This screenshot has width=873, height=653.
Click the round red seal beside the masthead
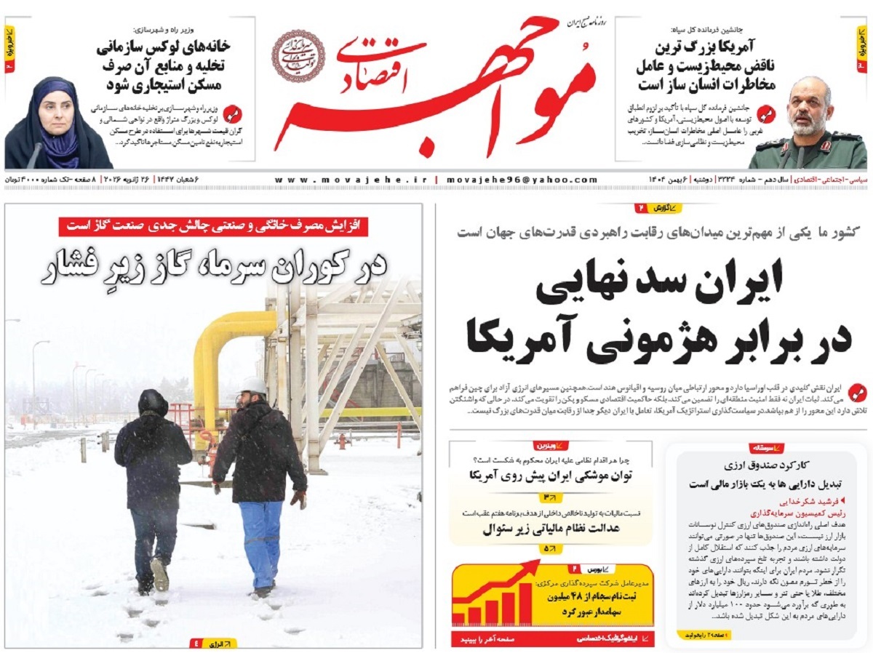coord(298,56)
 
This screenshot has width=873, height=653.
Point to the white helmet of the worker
coord(253,385)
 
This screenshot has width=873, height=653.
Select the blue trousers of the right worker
coord(260,542)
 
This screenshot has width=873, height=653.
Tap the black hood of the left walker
coord(153,402)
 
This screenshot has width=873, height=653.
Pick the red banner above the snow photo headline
coord(213,226)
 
